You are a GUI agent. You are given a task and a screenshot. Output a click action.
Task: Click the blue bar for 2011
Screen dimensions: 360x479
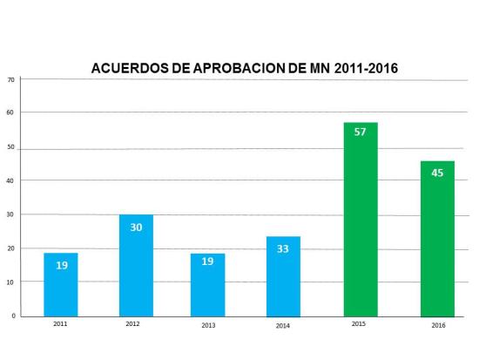click(x=60, y=284)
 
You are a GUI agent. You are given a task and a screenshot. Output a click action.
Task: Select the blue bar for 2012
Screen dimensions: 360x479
click(x=136, y=265)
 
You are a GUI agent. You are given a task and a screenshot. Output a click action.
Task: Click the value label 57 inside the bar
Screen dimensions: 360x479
click(x=361, y=132)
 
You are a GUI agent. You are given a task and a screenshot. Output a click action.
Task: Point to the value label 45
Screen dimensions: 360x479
click(x=437, y=172)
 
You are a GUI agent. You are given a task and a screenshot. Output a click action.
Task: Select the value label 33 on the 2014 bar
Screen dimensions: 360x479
click(x=283, y=248)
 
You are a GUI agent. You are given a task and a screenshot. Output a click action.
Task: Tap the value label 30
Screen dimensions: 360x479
click(x=136, y=227)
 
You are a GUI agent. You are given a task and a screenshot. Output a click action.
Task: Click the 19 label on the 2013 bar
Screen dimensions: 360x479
click(x=207, y=261)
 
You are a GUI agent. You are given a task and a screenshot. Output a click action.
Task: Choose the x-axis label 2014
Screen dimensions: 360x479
click(x=282, y=324)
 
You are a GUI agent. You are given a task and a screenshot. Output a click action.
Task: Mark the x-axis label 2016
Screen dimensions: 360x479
click(x=437, y=324)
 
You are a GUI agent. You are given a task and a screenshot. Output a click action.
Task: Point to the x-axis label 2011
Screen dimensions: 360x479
click(x=59, y=323)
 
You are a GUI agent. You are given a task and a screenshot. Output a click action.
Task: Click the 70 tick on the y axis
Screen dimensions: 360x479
click(x=11, y=79)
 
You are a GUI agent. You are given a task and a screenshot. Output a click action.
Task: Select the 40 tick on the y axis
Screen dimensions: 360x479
click(x=11, y=180)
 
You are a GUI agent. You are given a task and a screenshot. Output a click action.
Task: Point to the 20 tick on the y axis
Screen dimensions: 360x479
click(x=11, y=248)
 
